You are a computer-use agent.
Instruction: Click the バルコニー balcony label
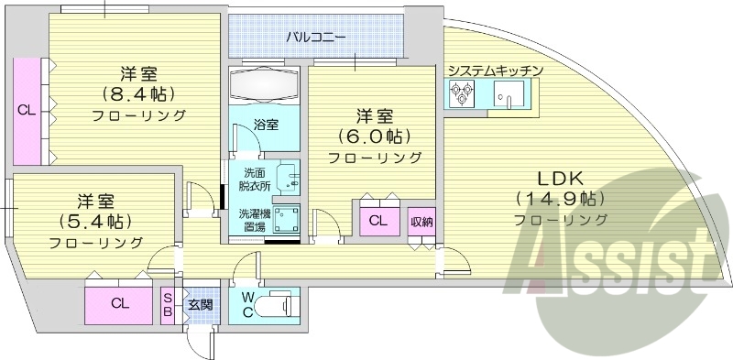pos(315,38)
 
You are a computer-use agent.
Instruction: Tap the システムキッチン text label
pos(497,71)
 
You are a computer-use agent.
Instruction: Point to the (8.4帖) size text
pos(138,93)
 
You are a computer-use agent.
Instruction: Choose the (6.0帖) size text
pos(376,136)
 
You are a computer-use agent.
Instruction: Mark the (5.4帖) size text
pos(95,221)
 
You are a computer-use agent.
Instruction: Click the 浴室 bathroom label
pos(266,125)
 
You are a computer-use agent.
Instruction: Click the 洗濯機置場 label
pos(253,220)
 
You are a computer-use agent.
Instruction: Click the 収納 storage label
pos(421,221)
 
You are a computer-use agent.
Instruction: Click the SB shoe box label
pos(168,302)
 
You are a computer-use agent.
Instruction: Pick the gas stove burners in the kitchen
pos(460,92)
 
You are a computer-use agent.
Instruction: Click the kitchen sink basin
pos(506,93)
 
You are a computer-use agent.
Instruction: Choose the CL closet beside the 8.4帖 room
pos(27,110)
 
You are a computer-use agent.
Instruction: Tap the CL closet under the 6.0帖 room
pos(377,221)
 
